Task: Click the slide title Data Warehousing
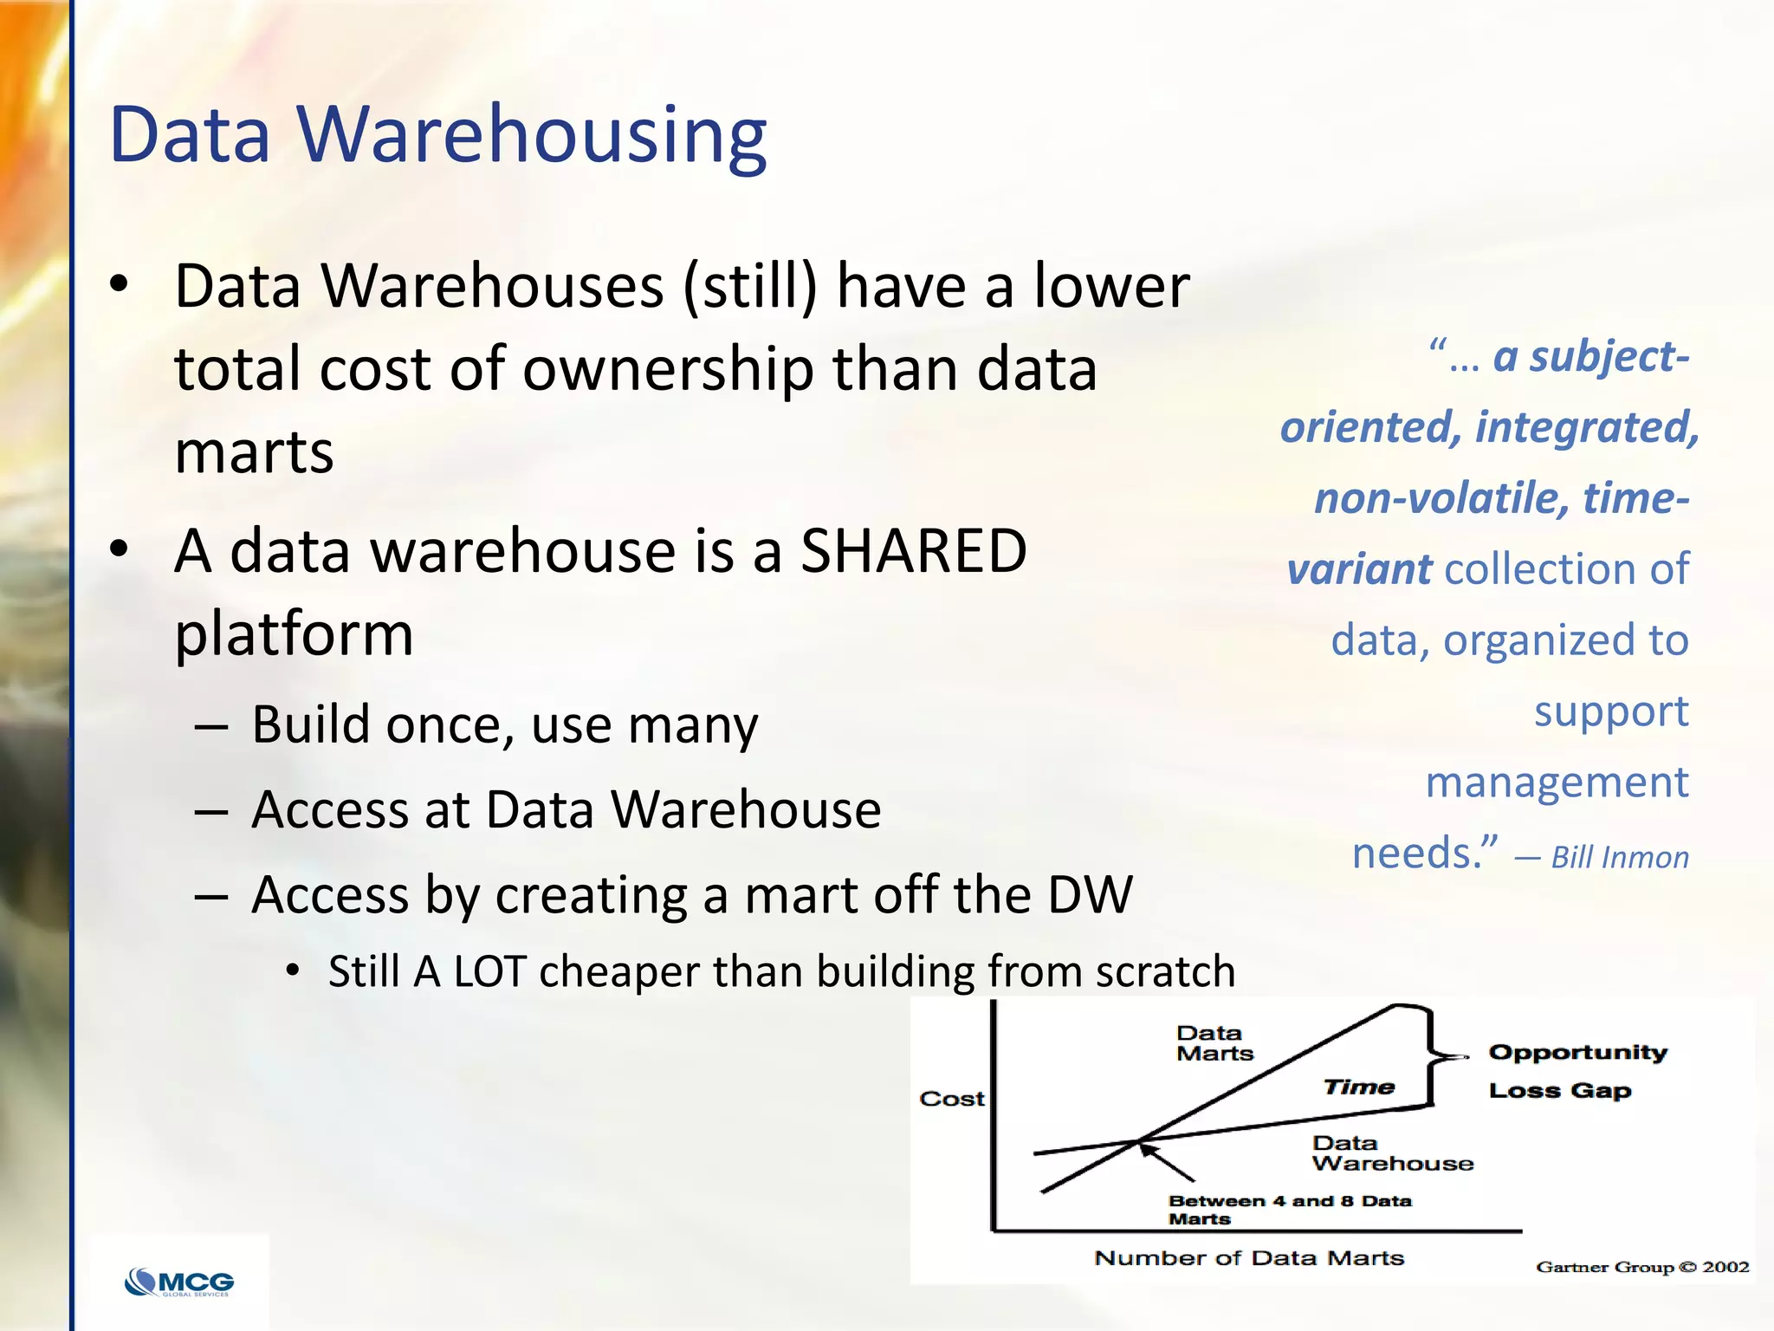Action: (437, 135)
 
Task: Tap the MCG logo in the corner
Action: (180, 1282)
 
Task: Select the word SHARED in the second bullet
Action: (913, 551)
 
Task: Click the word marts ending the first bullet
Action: (254, 452)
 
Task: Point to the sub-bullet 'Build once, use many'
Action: (504, 724)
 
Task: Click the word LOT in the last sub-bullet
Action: (490, 971)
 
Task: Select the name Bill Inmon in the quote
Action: (1620, 858)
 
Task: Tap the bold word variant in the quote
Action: (1359, 569)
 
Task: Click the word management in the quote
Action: (1557, 782)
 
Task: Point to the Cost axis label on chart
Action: (952, 1099)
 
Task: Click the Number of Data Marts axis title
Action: (1249, 1258)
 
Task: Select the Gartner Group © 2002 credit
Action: (1642, 1267)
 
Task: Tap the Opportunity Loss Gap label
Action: (1577, 1071)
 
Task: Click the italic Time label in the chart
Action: (1359, 1088)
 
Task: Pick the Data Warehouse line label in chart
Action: (1392, 1153)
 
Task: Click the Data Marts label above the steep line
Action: (1214, 1043)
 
